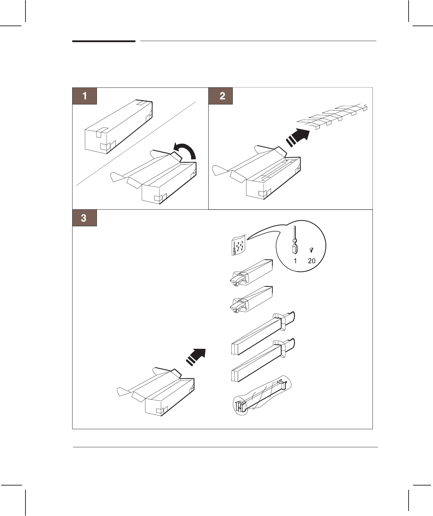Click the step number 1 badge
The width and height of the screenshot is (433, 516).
tap(85, 96)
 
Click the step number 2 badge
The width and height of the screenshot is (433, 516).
tap(221, 96)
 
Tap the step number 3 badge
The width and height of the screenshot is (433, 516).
tap(85, 218)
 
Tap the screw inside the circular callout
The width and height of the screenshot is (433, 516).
tap(311, 250)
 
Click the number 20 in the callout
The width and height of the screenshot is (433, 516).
tap(311, 261)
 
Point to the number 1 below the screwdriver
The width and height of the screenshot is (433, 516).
tap(295, 261)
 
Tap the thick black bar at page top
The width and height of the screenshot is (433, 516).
tap(104, 41)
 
